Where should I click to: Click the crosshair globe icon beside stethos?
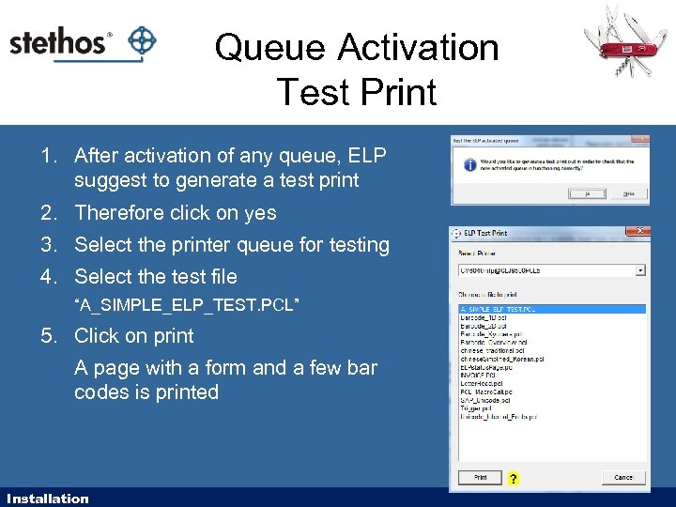point(141,41)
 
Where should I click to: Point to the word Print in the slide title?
point(401,92)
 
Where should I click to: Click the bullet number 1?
point(48,156)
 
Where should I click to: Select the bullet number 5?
point(48,336)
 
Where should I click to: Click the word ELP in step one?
point(366,156)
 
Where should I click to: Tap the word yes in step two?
point(259,213)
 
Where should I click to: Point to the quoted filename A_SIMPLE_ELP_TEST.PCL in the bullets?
point(187,306)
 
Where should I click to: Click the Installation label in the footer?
point(47,499)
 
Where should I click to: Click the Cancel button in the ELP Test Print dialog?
point(623,478)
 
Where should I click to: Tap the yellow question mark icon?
point(513,479)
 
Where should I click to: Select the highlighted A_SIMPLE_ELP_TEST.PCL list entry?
point(498,308)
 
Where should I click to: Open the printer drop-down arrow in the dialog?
point(640,270)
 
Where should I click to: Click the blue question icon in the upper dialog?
point(469,163)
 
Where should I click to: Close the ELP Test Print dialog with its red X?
point(641,231)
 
